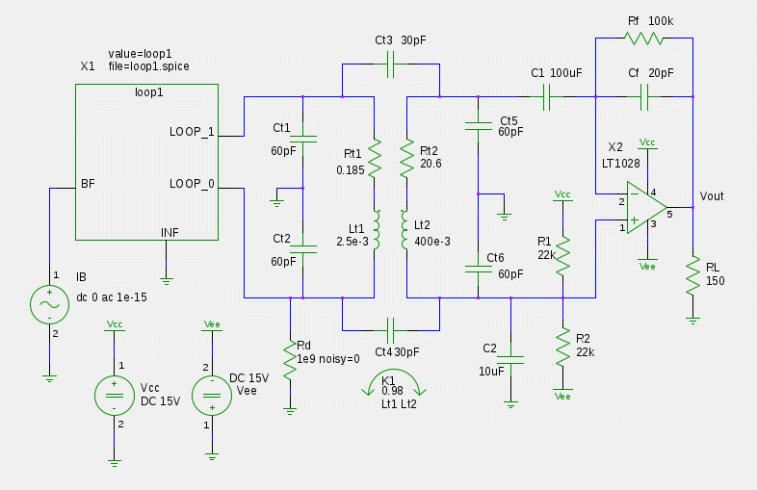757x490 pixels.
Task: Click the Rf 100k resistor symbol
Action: point(644,39)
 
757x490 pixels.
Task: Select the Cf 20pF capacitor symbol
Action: point(644,96)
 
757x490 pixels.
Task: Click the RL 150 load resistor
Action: point(692,278)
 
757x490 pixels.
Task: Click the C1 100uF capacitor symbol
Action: point(546,96)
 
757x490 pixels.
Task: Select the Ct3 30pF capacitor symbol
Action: point(390,65)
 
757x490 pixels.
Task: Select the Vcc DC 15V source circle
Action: point(114,395)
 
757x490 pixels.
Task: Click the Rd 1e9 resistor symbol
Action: point(288,359)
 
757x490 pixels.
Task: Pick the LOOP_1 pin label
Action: point(193,132)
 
